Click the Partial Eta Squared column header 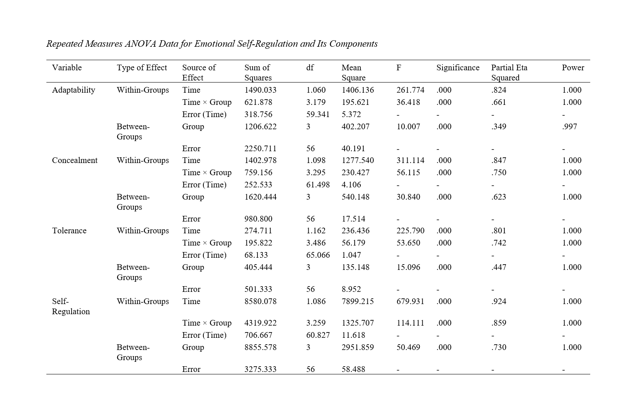pos(509,72)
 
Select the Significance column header pos(458,67)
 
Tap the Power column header pos(573,67)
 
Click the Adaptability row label pos(74,90)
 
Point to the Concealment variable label pos(75,160)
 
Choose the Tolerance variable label pos(69,230)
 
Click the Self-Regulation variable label pos(71,306)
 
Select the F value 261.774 pos(410,90)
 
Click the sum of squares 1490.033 pos(260,90)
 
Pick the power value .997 pos(569,126)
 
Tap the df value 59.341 pos(318,114)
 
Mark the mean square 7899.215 pos(358,301)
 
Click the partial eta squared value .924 pos(499,301)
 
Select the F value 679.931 pos(410,301)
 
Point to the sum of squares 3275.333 pos(260,369)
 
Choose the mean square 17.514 pos(353,219)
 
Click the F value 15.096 pos(408,267)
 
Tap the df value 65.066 pos(318,255)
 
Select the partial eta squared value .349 pos(499,126)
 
